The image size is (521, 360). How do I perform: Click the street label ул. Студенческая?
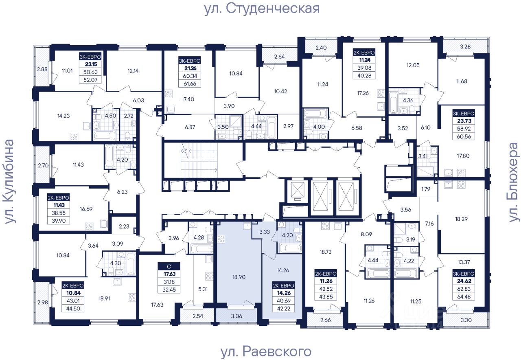coord(262,8)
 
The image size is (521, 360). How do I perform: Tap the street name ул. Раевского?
coord(266,351)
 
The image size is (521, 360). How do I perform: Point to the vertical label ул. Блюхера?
coord(514,182)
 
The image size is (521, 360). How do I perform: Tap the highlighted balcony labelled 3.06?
coord(236,316)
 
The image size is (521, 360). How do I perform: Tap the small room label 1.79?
coord(426,189)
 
